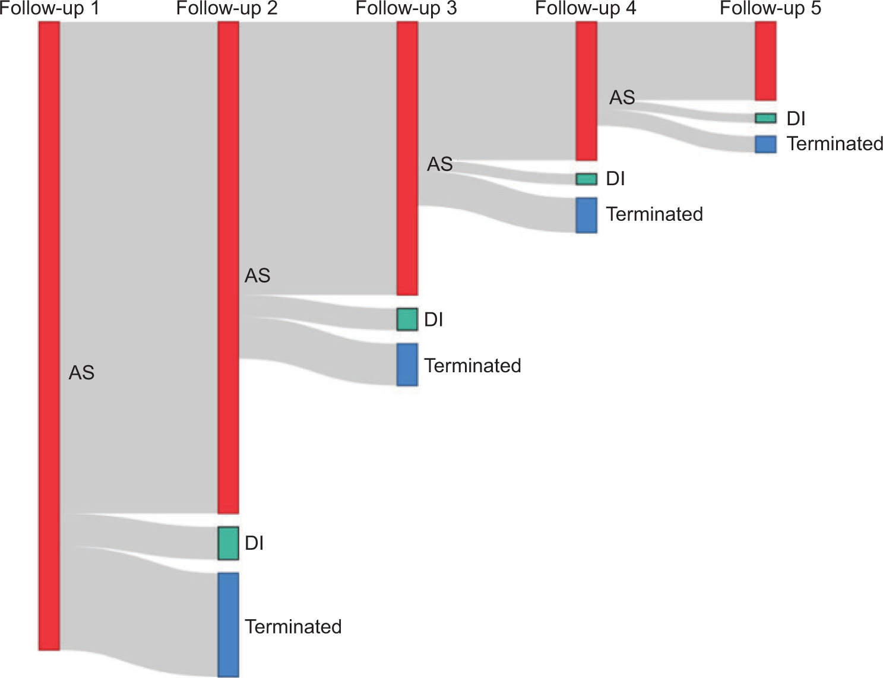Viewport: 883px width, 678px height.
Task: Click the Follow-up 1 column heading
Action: click(49, 8)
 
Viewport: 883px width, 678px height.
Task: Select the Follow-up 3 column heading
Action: click(406, 8)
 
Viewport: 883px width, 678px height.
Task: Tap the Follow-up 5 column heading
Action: click(770, 8)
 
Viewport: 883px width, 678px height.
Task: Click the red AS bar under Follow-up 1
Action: click(49, 335)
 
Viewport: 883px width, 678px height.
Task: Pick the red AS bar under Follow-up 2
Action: click(229, 267)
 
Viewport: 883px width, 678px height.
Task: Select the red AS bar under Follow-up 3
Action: click(407, 159)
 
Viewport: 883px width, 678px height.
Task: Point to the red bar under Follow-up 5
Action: click(765, 61)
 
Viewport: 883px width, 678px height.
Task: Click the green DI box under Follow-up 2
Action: click(229, 543)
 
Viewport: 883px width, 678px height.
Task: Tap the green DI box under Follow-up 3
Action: click(407, 319)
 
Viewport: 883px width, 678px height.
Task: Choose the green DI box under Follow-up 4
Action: click(586, 179)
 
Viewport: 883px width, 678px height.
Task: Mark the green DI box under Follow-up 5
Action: click(765, 118)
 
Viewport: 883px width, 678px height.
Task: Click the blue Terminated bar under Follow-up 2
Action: click(229, 625)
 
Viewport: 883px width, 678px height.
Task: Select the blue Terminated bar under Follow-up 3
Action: click(407, 365)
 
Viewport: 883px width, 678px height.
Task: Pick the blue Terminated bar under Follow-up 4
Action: click(586, 215)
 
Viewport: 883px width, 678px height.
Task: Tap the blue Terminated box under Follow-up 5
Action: click(765, 144)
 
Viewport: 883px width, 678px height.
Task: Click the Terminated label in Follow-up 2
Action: click(293, 627)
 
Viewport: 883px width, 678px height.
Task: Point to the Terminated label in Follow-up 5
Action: click(835, 144)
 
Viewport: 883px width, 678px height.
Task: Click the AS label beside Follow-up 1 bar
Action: click(81, 373)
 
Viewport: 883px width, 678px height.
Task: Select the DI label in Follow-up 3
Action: click(433, 319)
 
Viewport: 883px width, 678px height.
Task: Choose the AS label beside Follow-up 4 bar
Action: click(622, 97)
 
